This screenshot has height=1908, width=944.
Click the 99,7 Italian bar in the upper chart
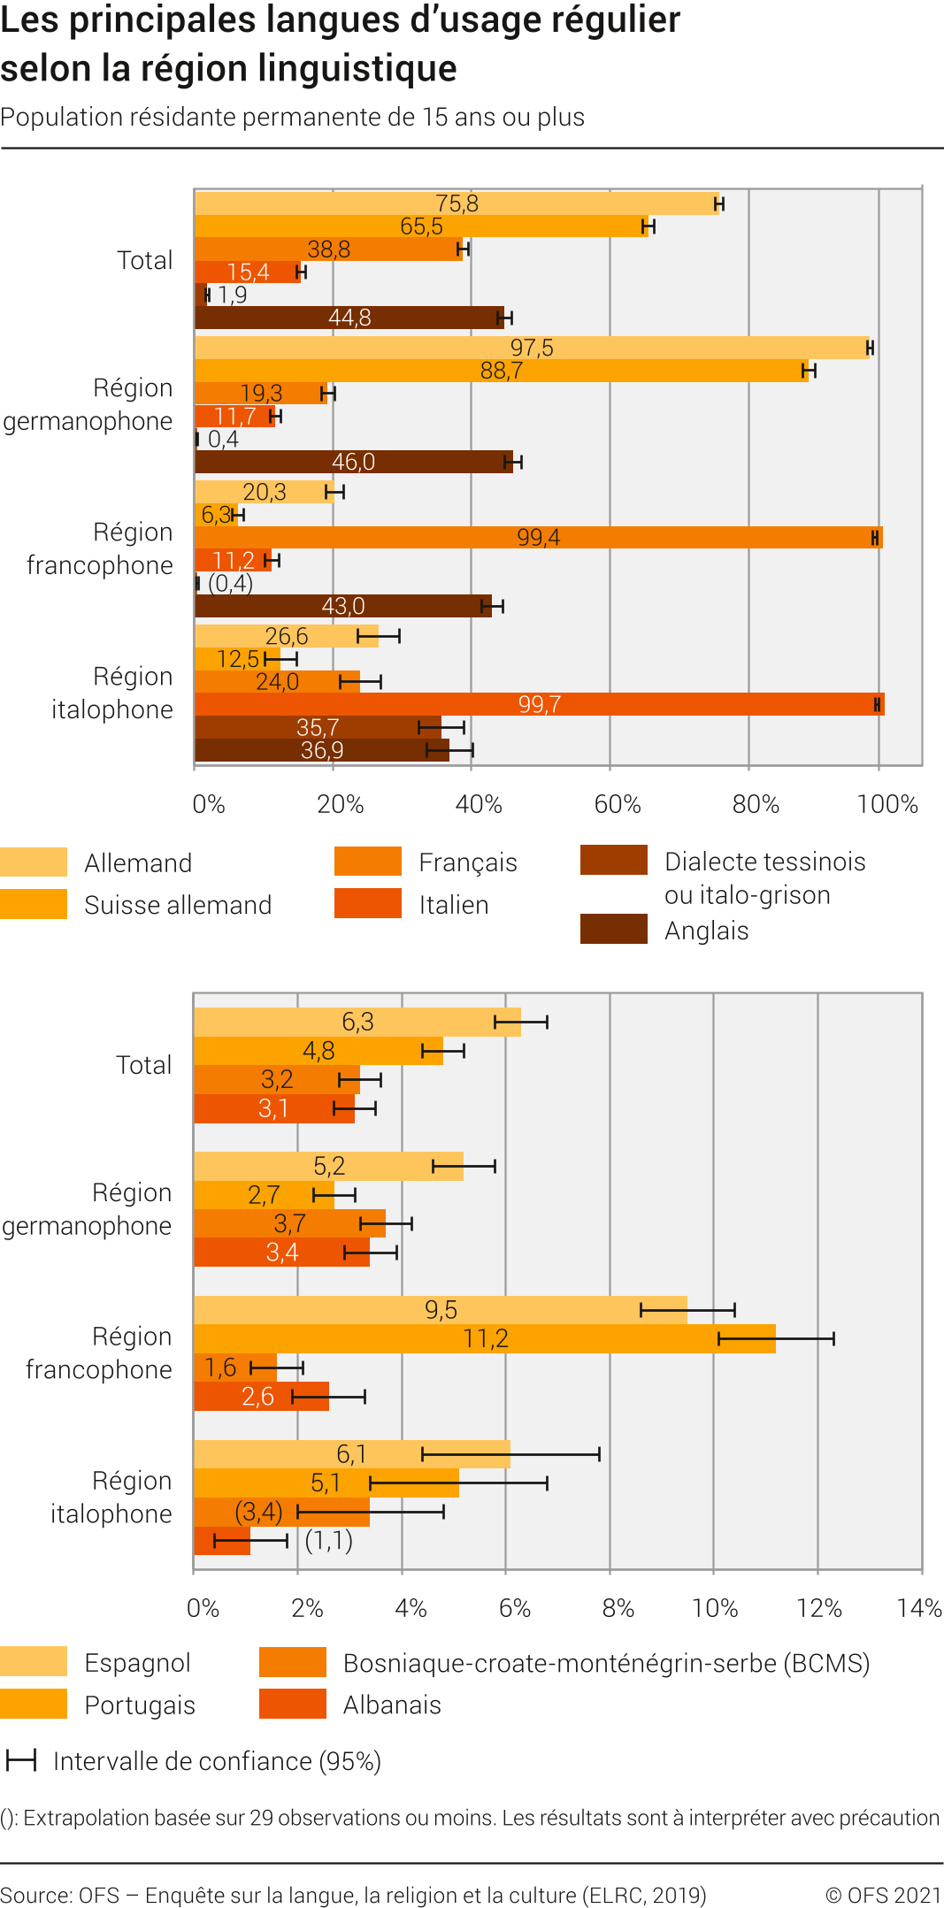539,704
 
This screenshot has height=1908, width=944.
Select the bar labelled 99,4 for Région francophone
538,537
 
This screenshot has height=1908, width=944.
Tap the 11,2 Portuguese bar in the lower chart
485,1338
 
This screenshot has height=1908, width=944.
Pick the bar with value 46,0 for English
353,462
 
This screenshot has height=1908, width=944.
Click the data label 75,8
457,203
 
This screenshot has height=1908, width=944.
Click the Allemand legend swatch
34,862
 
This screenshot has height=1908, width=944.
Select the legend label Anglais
706,931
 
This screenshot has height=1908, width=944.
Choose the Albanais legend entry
392,1705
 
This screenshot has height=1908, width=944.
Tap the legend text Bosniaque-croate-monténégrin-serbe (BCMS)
606,1663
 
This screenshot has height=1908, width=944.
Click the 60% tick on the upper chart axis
617,804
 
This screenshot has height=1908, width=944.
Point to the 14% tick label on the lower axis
918,1608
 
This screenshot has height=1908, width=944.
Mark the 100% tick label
886,804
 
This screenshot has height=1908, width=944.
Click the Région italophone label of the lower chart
111,1497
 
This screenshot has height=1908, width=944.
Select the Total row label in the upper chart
145,260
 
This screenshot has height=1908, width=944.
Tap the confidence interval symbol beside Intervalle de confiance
20,1760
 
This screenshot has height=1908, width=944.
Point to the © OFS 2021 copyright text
883,1895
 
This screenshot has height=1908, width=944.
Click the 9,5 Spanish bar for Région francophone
441,1310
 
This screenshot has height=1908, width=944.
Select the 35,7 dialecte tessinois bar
318,727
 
